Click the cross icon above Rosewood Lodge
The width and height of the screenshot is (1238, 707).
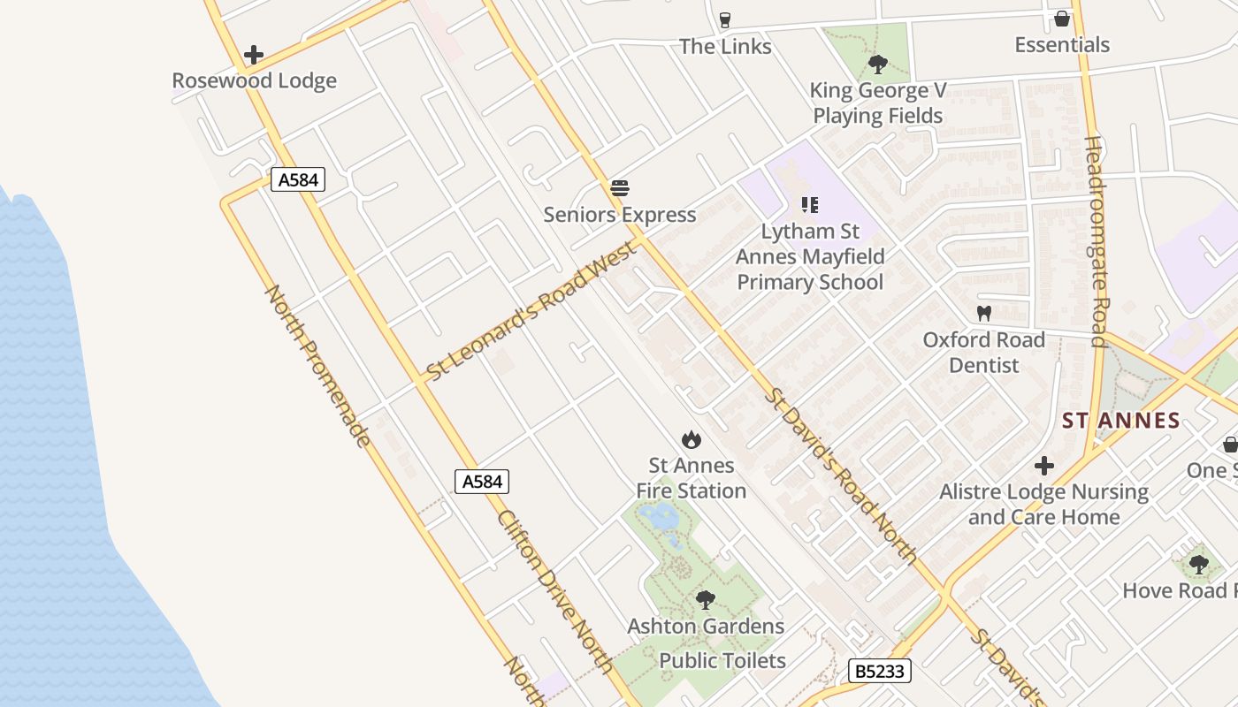254,55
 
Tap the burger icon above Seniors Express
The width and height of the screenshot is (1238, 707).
619,188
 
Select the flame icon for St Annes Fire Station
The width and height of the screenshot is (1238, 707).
692,439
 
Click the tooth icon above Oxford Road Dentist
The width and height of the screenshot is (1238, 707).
983,313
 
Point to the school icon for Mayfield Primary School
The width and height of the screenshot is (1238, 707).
809,205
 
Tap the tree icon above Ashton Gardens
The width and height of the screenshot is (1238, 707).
705,600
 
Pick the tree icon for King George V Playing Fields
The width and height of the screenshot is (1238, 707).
877,64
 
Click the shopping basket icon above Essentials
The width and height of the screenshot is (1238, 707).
1061,19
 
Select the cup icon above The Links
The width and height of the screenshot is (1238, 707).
725,19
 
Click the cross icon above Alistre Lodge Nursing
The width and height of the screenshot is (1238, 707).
1044,466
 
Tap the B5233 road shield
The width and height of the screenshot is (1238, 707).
880,671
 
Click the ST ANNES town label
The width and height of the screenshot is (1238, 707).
1121,421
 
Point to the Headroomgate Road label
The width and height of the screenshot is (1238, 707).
1097,241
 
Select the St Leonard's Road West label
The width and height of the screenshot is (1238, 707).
531,311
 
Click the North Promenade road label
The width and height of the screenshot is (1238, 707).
317,365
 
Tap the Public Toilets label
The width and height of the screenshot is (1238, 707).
722,661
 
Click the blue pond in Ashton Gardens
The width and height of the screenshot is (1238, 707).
658,515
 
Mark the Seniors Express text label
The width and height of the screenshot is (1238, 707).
620,215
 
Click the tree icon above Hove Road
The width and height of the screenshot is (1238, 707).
1198,563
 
